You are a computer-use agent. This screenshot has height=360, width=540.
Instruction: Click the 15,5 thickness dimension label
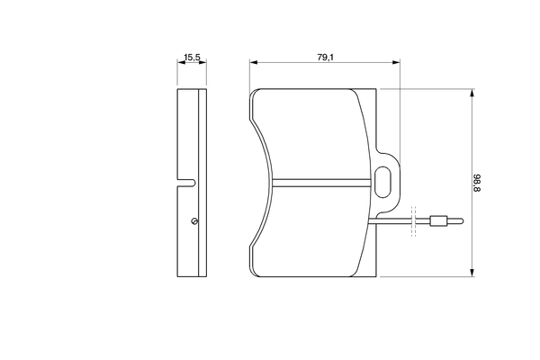click(192, 58)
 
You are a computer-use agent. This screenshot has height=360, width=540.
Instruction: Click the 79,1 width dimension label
click(326, 58)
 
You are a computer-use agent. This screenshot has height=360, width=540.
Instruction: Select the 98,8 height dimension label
click(477, 183)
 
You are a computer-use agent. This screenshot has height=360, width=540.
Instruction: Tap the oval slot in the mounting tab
click(382, 182)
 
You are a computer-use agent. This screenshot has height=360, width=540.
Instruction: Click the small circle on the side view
click(194, 221)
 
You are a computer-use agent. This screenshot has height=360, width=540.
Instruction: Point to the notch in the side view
click(186, 183)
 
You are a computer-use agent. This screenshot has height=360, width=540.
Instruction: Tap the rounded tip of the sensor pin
click(462, 221)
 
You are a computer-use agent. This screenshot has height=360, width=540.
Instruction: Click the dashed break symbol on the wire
click(414, 221)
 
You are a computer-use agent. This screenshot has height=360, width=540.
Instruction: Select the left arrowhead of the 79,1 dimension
click(254, 62)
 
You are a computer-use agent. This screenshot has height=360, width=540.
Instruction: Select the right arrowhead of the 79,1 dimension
click(396, 62)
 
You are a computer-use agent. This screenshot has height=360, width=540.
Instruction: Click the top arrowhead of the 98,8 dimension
click(472, 93)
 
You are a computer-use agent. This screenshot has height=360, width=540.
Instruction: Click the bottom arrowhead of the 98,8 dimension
click(472, 272)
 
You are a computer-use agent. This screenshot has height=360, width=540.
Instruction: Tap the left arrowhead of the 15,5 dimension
click(181, 62)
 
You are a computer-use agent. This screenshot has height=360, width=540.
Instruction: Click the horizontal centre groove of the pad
click(321, 183)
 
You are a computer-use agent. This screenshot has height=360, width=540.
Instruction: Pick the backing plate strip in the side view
click(202, 183)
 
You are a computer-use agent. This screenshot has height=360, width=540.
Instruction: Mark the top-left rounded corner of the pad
click(255, 93)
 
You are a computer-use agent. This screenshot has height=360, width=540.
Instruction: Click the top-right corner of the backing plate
click(376, 89)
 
